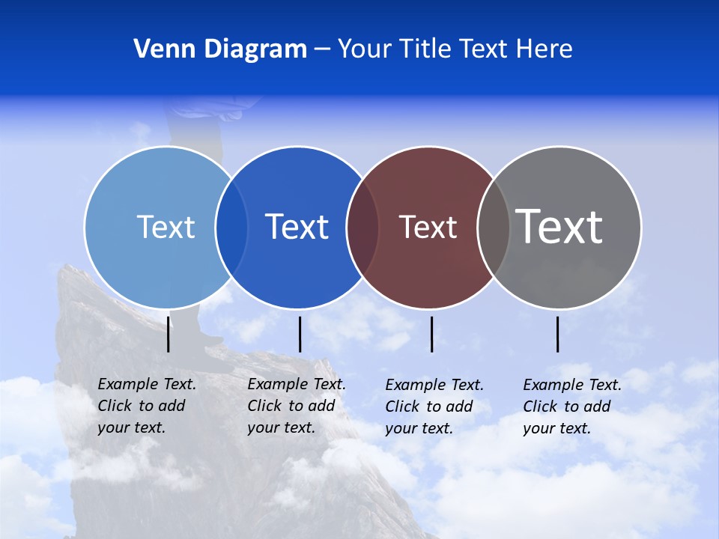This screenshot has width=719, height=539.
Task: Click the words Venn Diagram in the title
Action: click(220, 49)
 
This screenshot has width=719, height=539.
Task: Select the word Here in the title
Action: click(544, 49)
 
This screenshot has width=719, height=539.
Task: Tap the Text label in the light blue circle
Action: click(166, 227)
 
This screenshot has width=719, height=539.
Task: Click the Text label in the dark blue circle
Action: click(297, 227)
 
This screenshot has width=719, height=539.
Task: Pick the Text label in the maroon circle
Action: click(428, 227)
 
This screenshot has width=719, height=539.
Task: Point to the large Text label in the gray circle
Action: click(559, 226)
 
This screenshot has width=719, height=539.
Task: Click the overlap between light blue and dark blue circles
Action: click(231, 228)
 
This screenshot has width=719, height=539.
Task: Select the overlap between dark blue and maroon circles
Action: click(362, 228)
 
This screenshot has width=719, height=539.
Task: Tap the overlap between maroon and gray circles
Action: click(494, 228)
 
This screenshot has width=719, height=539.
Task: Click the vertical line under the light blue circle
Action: click(169, 334)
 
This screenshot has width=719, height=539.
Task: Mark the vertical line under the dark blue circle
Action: click(300, 334)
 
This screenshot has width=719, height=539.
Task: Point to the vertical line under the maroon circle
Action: click(431, 334)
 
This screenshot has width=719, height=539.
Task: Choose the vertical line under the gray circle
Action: click(557, 334)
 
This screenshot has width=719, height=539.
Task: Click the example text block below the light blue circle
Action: click(147, 406)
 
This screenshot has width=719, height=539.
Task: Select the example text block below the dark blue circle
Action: click(297, 406)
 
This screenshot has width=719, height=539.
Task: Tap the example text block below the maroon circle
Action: click(434, 406)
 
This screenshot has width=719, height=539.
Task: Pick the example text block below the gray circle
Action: click(572, 406)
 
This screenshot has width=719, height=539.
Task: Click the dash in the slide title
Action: click(322, 49)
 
